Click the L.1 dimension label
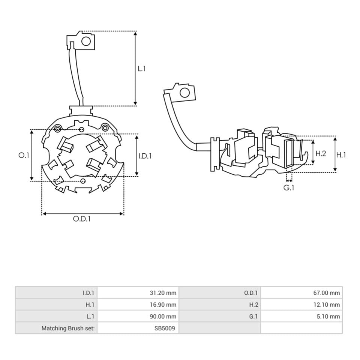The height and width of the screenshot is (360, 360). pyautogui.click(x=142, y=69)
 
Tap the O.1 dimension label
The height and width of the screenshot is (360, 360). pyautogui.click(x=24, y=155)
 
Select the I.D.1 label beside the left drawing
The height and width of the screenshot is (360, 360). pyautogui.click(x=145, y=156)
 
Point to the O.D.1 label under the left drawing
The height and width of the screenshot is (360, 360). pyautogui.click(x=82, y=219)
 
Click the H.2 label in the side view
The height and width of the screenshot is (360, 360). pyautogui.click(x=321, y=153)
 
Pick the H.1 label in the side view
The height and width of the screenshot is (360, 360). pyautogui.click(x=341, y=155)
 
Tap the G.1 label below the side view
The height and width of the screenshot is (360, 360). pyautogui.click(x=289, y=188)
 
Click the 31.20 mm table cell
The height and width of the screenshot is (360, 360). pyautogui.click(x=163, y=293)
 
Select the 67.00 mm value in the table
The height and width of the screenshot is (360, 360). pyautogui.click(x=327, y=293)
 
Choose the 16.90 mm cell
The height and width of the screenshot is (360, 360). pyautogui.click(x=163, y=304)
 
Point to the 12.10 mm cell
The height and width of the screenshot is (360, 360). pyautogui.click(x=327, y=304)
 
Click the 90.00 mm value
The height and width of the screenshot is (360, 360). pyautogui.click(x=163, y=316)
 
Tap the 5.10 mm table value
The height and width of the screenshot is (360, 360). pyautogui.click(x=328, y=316)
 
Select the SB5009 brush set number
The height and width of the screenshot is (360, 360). pyautogui.click(x=165, y=328)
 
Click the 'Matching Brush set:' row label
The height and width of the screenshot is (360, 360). pyautogui.click(x=68, y=328)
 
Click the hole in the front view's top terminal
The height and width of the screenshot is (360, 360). pyautogui.click(x=86, y=42)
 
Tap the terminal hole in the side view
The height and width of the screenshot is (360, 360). pyautogui.click(x=185, y=93)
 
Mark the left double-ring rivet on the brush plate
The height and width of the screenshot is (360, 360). pyautogui.click(x=58, y=129)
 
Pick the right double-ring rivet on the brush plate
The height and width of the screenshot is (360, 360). pyautogui.click(x=105, y=127)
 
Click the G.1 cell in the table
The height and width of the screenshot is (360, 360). pyautogui.click(x=253, y=316)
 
